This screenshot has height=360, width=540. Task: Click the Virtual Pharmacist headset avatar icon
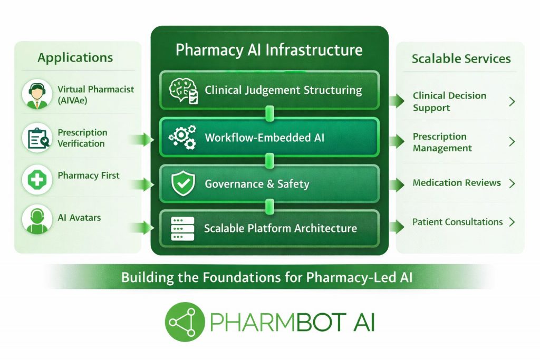(37, 94)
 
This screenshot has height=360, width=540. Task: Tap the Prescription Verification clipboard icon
(37, 138)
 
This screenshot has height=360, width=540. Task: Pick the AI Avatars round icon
(37, 219)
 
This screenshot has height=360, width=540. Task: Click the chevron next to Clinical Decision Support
(512, 102)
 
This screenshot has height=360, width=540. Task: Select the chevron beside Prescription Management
(512, 142)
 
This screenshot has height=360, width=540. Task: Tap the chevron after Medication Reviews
(512, 183)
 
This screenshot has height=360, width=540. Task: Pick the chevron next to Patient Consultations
(512, 222)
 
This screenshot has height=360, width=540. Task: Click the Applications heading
(75, 57)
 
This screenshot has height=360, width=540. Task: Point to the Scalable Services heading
(461, 59)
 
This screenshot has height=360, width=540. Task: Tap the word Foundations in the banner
(234, 277)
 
